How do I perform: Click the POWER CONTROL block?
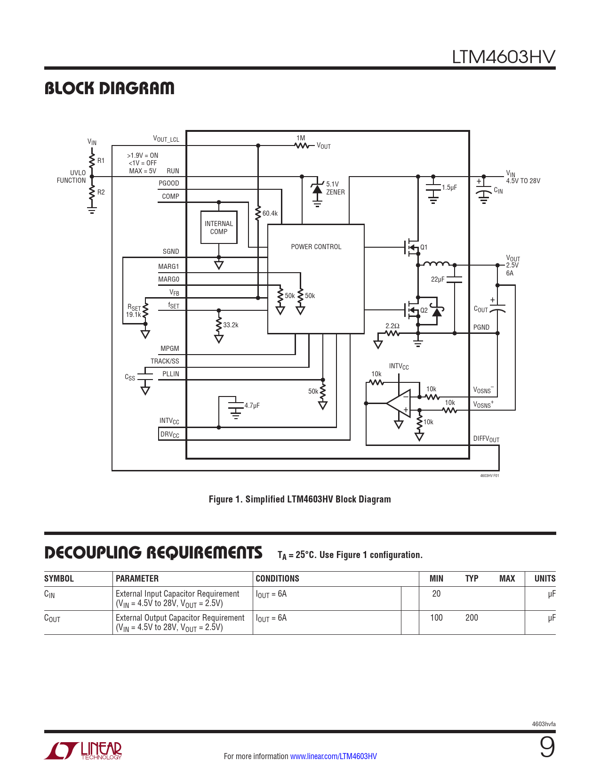click(x=316, y=247)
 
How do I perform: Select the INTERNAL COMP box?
click(x=219, y=227)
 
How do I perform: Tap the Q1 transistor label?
click(x=424, y=247)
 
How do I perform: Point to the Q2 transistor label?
click(x=424, y=310)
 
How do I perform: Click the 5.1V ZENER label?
click(x=335, y=188)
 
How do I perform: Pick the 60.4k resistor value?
click(x=270, y=213)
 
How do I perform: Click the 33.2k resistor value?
click(x=231, y=325)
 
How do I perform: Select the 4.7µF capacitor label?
click(x=252, y=405)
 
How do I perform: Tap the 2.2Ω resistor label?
click(x=392, y=326)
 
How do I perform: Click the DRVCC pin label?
click(x=169, y=434)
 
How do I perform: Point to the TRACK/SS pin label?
click(x=165, y=361)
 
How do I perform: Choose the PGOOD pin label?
click(x=168, y=183)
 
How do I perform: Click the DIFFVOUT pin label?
click(x=486, y=439)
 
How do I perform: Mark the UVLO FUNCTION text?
click(x=72, y=177)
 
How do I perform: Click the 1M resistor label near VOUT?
click(x=301, y=138)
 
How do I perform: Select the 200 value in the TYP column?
click(x=472, y=618)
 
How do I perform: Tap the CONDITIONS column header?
click(x=277, y=579)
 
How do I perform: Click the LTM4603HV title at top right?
click(x=503, y=57)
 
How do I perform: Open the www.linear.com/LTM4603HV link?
click(x=333, y=756)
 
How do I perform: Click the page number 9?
click(x=547, y=747)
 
